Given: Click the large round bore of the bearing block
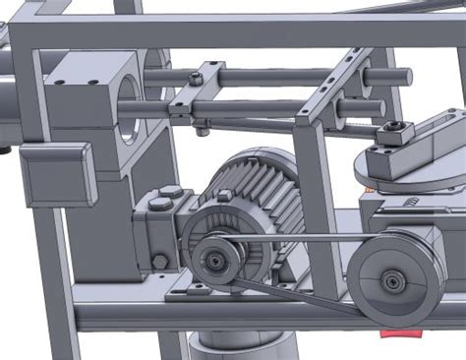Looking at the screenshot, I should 134,102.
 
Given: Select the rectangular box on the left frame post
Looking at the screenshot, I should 57,175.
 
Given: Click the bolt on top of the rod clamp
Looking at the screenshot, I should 196,78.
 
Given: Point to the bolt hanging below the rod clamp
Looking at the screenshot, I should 202,129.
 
